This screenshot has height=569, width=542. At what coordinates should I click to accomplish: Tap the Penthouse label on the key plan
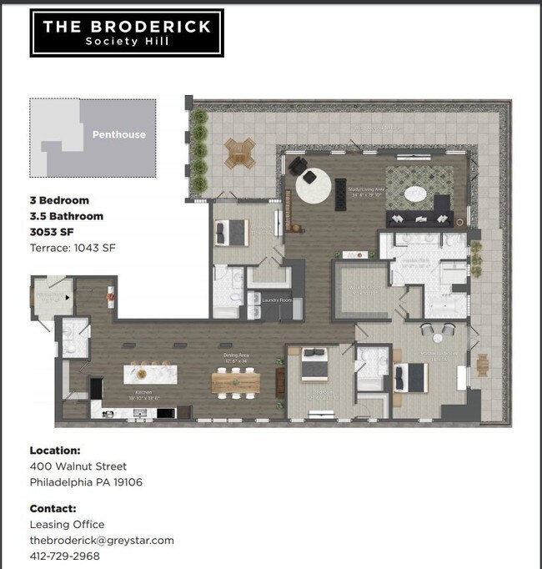(118, 134)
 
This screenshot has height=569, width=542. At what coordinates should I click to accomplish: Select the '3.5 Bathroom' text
(67, 216)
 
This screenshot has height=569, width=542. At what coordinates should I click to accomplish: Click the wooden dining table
(236, 381)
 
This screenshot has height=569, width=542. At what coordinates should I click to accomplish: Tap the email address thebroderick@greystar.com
(102, 540)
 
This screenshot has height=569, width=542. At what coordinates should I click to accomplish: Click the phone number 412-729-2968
(64, 556)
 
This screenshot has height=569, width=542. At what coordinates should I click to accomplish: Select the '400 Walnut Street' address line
(78, 466)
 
